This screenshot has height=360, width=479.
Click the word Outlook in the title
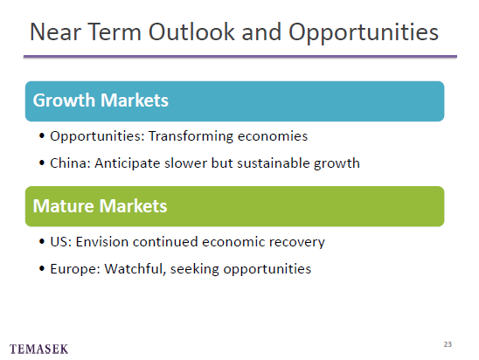191,31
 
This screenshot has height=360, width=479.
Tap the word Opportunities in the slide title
364,33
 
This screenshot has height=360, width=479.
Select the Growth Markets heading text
101,100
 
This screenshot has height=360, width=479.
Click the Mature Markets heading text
100,205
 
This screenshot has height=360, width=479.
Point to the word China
70,163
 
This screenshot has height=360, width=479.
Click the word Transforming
191,136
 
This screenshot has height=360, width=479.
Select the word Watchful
135,269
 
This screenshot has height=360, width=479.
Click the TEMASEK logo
38,349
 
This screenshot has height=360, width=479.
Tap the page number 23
448,344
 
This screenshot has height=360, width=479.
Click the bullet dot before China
42,163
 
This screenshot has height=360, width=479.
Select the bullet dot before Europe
42,269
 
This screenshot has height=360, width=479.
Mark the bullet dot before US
42,241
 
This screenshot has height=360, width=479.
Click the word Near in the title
55,31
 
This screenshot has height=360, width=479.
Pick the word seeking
195,269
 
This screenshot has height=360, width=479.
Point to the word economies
273,136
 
